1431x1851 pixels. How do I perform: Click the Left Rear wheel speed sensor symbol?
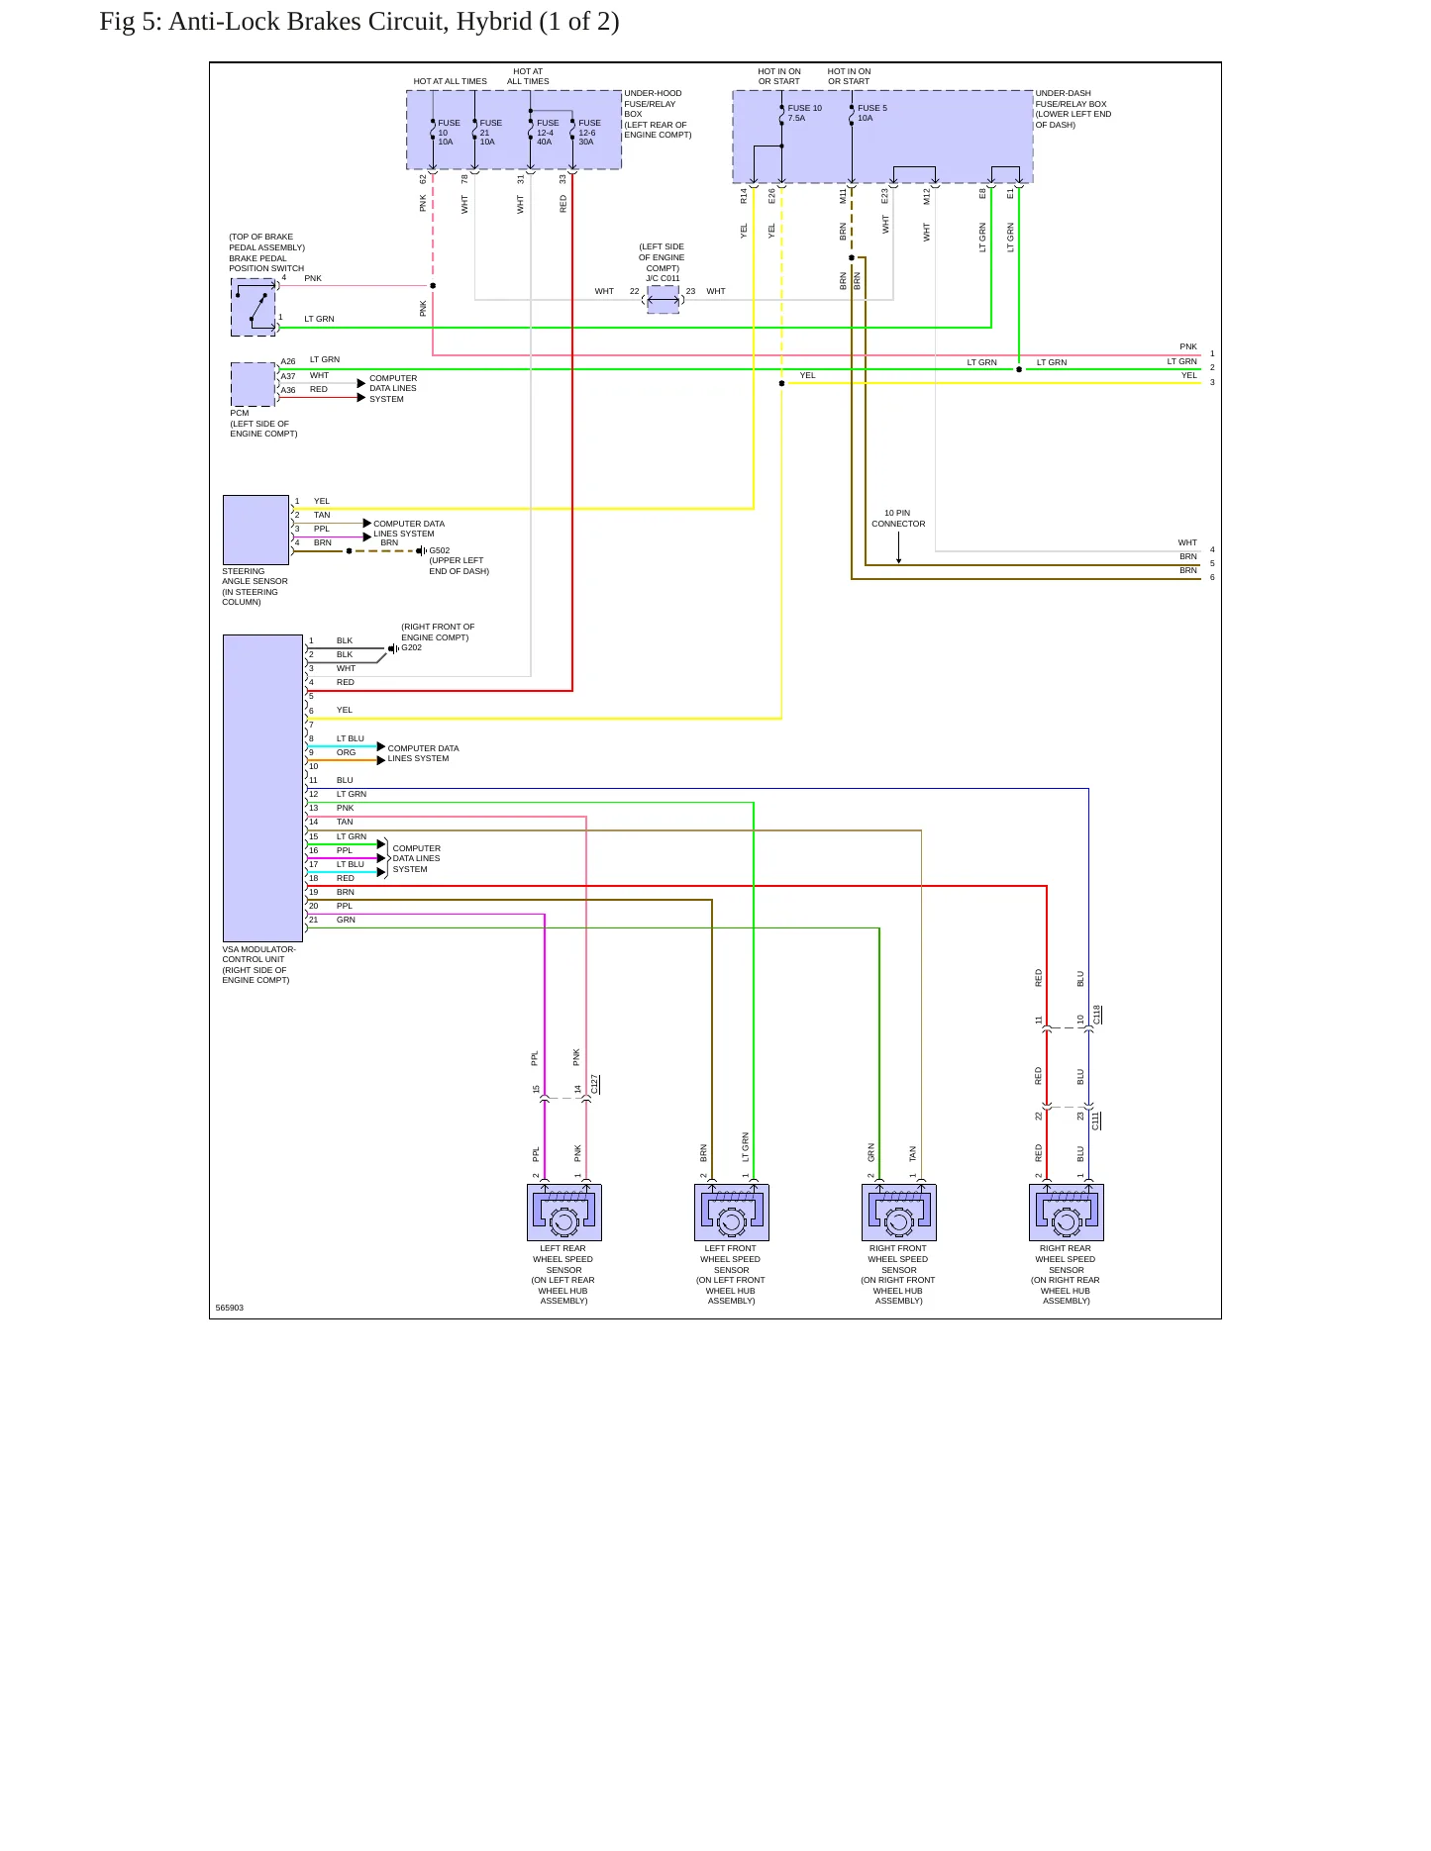click(563, 1212)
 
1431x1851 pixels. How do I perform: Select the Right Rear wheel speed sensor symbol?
click(1067, 1212)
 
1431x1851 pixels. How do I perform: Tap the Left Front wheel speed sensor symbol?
click(732, 1212)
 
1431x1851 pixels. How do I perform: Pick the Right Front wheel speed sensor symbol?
click(899, 1212)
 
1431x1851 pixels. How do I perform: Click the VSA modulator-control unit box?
click(262, 788)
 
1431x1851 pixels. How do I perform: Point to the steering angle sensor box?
click(256, 530)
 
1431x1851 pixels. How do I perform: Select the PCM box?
click(253, 384)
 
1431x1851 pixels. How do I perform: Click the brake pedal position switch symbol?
click(254, 307)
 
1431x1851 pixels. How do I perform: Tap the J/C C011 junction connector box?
click(664, 300)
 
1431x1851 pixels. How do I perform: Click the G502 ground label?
click(439, 550)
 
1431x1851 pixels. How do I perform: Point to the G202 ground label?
click(411, 647)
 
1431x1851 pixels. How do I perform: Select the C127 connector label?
click(594, 1084)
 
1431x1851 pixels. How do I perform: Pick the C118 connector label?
click(1097, 1015)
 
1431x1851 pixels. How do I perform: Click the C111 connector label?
click(1096, 1120)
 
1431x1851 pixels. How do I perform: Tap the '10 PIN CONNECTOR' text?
click(898, 519)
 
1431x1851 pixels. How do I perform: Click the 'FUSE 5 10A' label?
click(871, 113)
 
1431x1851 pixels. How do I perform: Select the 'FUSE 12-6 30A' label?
click(589, 133)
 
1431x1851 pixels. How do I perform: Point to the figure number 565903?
click(230, 1308)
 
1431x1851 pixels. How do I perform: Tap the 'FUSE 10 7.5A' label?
click(804, 113)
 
